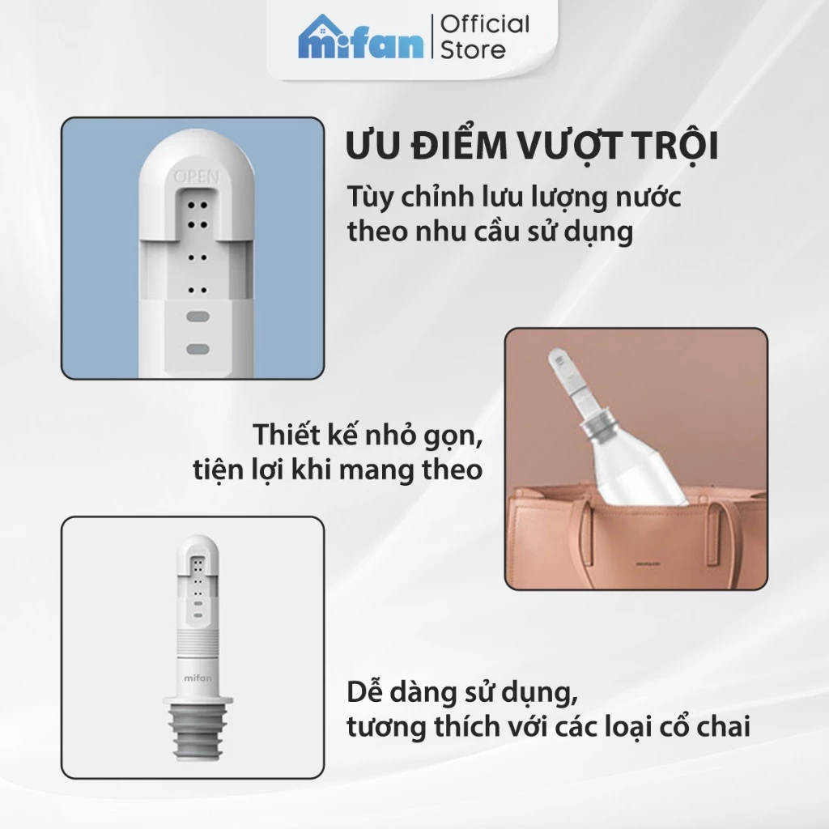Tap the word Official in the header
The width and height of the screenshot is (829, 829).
[x=485, y=23]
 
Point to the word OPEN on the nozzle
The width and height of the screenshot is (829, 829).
[x=193, y=175]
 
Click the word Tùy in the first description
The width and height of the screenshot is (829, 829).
[x=368, y=198]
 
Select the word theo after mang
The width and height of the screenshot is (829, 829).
[x=449, y=469]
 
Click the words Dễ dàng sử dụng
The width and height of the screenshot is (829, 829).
[x=464, y=693]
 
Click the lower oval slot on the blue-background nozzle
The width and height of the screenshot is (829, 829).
[x=198, y=348]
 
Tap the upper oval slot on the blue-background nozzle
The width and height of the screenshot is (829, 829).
[x=198, y=318]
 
